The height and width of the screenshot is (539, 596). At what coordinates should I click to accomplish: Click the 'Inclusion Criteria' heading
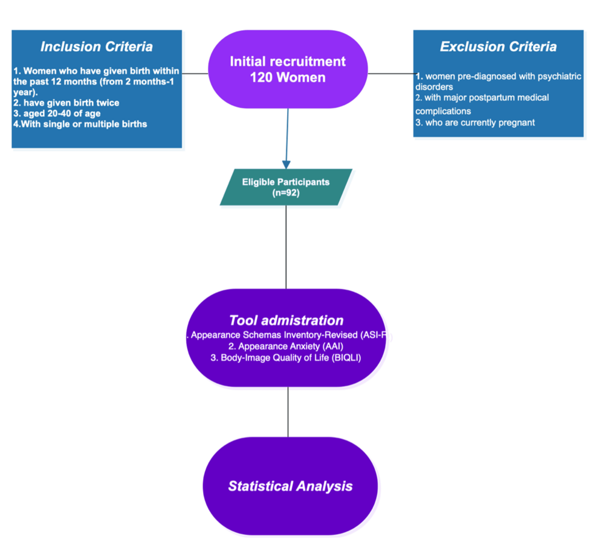click(97, 47)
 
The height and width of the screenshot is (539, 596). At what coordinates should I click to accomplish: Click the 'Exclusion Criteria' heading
click(498, 47)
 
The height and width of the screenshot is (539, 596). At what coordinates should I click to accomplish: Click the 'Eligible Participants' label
click(286, 181)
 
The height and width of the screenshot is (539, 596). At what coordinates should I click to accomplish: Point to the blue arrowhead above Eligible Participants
click(287, 164)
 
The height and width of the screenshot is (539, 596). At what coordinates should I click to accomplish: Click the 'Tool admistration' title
click(286, 321)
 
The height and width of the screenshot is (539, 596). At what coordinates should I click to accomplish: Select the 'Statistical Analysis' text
click(290, 486)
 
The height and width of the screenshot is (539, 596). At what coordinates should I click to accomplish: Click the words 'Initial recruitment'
click(288, 62)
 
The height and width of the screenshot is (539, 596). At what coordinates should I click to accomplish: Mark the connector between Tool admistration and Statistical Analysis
click(288, 412)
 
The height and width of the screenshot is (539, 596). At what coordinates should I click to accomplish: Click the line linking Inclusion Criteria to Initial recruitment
click(195, 73)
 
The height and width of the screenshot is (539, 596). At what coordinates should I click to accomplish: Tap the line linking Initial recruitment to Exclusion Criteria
click(390, 73)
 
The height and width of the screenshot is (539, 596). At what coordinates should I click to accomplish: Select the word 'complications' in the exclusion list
click(443, 111)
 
